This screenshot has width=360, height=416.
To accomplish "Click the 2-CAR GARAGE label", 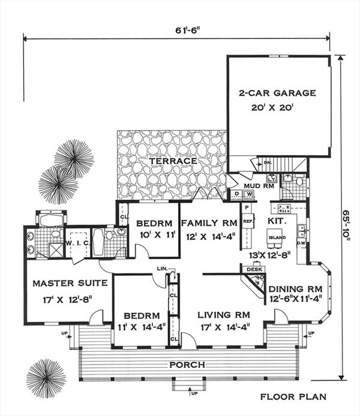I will coord(277,93).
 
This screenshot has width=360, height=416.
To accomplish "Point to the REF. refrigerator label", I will coord(246,221).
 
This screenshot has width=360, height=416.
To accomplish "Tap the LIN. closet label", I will coord(160,268).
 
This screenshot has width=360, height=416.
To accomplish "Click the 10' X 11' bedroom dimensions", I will coord(154,236).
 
